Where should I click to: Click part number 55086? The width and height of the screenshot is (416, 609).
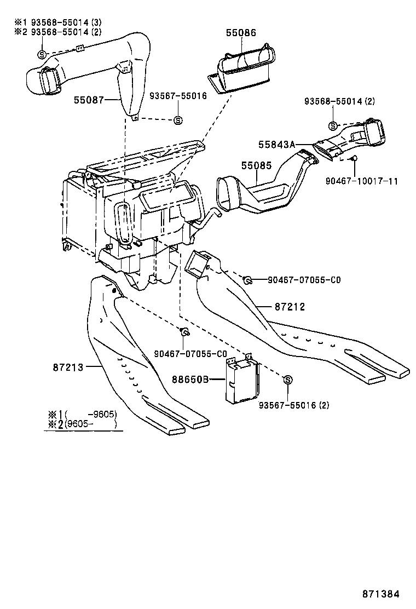point(240,33)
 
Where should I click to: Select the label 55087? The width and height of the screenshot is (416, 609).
point(89,100)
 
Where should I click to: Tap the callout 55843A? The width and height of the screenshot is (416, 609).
point(277,144)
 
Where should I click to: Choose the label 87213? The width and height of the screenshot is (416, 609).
point(68,367)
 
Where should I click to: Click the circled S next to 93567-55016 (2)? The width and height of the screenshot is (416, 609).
point(288,380)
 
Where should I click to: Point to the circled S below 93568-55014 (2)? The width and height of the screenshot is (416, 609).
point(333,126)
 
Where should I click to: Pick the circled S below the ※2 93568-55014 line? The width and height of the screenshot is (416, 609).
point(42,54)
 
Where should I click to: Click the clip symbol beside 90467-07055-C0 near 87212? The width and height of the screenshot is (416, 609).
point(247,280)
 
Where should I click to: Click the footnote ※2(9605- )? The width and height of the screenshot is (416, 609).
point(83,424)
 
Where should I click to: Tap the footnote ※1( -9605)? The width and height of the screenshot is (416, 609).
point(83,413)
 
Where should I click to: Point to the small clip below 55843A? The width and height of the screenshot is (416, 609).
point(354,159)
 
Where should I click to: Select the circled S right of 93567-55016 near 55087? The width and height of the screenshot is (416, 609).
point(177,120)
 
